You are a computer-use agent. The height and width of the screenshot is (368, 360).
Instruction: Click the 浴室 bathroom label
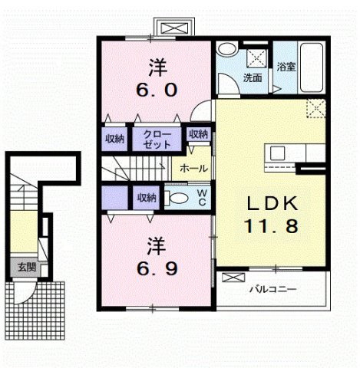286,67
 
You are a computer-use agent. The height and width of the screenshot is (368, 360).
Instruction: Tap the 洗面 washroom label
253,78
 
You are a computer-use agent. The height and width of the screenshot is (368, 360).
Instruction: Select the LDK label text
272,203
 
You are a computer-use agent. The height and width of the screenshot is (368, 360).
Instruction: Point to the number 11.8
272,226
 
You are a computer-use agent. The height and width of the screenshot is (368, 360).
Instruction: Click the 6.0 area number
157,90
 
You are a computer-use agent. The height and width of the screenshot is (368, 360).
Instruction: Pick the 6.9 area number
157,268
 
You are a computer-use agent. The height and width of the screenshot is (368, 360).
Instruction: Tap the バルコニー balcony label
273,289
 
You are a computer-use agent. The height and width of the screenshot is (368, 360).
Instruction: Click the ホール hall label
193,169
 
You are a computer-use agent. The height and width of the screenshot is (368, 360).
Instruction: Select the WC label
202,198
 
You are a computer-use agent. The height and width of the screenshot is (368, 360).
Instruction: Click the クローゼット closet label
157,140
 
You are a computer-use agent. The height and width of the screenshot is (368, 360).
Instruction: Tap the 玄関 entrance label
27,268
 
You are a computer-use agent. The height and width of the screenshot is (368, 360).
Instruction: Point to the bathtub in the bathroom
312,67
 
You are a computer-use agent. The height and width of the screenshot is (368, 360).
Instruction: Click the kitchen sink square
278,153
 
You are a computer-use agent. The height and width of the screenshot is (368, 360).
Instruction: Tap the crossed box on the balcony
233,278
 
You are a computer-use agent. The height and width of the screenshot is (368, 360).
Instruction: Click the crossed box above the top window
175,28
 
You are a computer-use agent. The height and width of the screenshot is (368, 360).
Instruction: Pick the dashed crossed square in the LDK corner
316,108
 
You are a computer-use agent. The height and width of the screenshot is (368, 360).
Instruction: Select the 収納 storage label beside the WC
147,198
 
